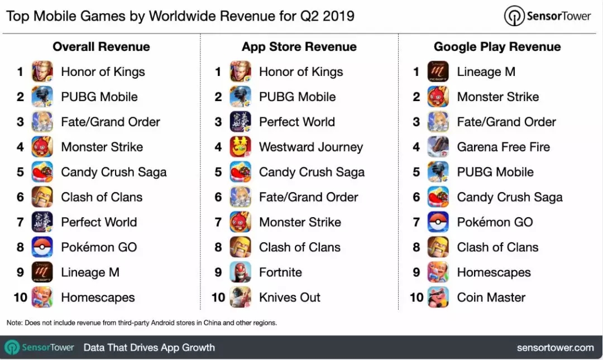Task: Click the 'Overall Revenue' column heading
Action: (x=101, y=47)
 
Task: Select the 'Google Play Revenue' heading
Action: (x=497, y=47)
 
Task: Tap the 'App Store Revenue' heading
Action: (x=299, y=47)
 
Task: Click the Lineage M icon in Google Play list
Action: (x=438, y=72)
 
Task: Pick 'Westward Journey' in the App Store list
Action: (x=310, y=147)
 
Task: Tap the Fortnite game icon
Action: (x=241, y=272)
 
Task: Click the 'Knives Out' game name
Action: (x=289, y=297)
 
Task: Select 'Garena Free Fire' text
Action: (x=503, y=147)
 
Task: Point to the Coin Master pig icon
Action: (x=438, y=297)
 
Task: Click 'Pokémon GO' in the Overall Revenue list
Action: (x=99, y=247)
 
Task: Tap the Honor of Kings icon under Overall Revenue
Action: (x=42, y=72)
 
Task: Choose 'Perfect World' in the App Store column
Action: (x=296, y=122)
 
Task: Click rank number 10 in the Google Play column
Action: (x=417, y=297)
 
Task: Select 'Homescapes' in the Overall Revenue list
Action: (x=98, y=297)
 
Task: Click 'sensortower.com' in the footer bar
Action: (x=555, y=348)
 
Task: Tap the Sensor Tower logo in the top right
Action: (x=547, y=16)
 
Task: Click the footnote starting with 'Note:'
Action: (x=142, y=323)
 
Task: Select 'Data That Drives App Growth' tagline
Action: (x=149, y=348)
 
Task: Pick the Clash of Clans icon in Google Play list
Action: (x=438, y=247)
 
